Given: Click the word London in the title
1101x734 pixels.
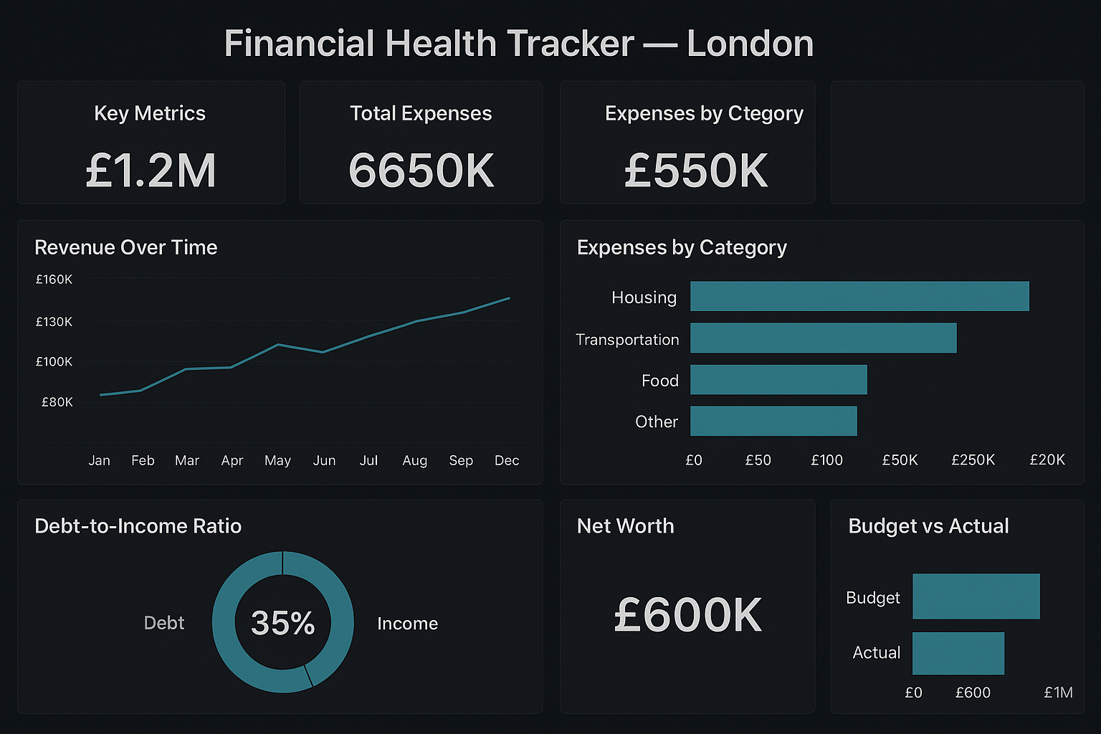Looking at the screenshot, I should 750,44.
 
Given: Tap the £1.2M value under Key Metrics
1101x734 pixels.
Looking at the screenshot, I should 151,171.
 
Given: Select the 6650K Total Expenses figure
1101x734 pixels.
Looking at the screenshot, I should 421,171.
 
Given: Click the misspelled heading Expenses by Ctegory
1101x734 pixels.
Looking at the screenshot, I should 704,113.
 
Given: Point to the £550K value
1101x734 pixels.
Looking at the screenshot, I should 696,171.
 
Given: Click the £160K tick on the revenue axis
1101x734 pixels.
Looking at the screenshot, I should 54,280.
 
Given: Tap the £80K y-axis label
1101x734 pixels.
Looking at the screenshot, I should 57,402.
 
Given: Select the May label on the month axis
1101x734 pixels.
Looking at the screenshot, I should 277,460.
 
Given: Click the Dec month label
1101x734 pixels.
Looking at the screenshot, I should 507,460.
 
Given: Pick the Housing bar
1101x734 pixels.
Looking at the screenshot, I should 859,296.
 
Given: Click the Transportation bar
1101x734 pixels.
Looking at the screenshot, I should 823,338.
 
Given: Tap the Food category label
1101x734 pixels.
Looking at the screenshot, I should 659,381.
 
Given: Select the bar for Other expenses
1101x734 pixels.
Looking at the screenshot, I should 773,421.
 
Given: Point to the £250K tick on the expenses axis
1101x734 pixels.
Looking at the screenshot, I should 973,459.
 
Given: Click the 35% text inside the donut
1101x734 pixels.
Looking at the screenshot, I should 283,623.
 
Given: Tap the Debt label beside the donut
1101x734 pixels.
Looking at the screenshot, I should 164,623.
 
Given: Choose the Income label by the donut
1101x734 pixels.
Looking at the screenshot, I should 407,624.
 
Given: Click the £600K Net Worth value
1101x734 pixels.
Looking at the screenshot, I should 688,615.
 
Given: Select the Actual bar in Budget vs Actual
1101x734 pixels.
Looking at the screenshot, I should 958,653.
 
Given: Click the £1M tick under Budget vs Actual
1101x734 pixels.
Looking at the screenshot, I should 1058,692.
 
